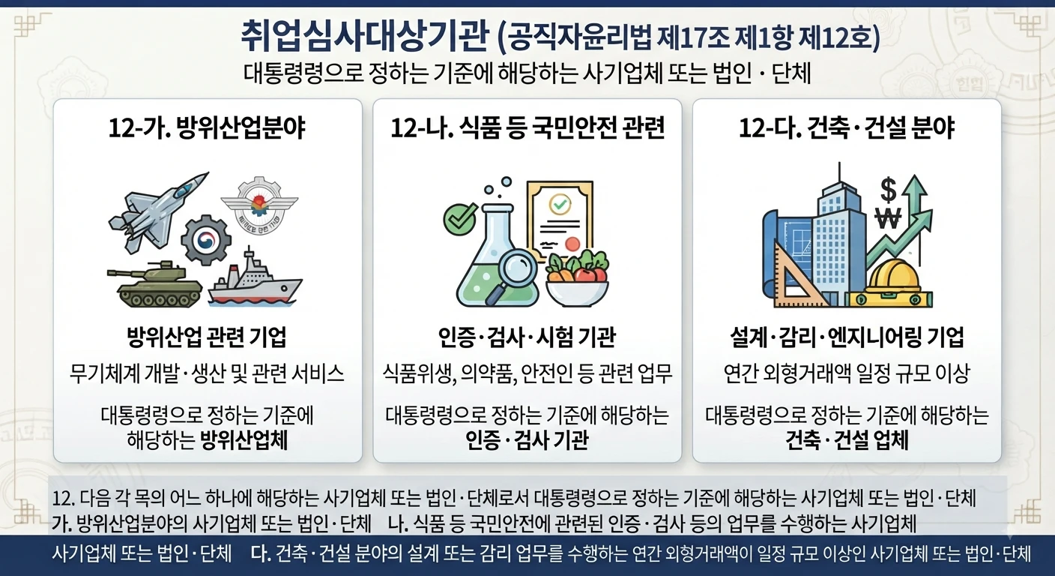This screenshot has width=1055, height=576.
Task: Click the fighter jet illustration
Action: (x=158, y=212)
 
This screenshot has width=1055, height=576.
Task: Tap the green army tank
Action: (x=154, y=285)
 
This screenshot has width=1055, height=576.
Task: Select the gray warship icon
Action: (x=255, y=278)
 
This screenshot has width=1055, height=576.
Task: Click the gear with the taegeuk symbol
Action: (x=206, y=239)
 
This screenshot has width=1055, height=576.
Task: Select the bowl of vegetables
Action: (x=578, y=279)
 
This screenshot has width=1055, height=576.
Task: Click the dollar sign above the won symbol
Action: (x=888, y=190)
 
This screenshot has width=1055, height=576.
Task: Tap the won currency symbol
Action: (x=888, y=218)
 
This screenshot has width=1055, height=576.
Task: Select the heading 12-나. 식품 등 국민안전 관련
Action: (x=527, y=127)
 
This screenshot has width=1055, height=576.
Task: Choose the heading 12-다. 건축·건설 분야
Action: (x=847, y=127)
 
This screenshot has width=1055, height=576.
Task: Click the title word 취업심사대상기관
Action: (x=364, y=36)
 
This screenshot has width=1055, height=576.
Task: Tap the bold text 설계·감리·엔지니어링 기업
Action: (x=847, y=337)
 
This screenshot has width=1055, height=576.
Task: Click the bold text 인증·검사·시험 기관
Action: (x=527, y=337)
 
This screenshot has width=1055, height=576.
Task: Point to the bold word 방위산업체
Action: (x=244, y=440)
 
